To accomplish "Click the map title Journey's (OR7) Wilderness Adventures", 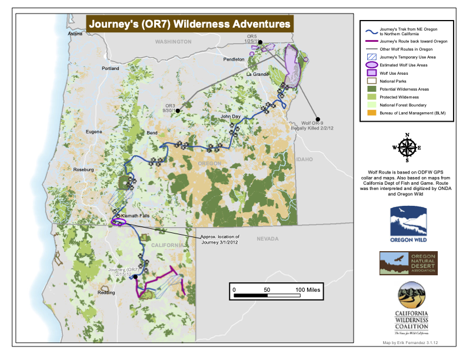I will tap(189, 24).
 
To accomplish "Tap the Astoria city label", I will tap(75, 34).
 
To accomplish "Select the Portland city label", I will tap(110, 69).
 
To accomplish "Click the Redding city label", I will tap(106, 292).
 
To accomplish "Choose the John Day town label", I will tap(230, 117).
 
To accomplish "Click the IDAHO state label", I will tap(305, 159).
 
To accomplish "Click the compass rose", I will tap(407, 148).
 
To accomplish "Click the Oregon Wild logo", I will tap(408, 224).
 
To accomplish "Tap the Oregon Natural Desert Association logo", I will tap(408, 262).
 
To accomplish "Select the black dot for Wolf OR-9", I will tap(318, 118).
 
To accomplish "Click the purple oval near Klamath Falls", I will tap(118, 222).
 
